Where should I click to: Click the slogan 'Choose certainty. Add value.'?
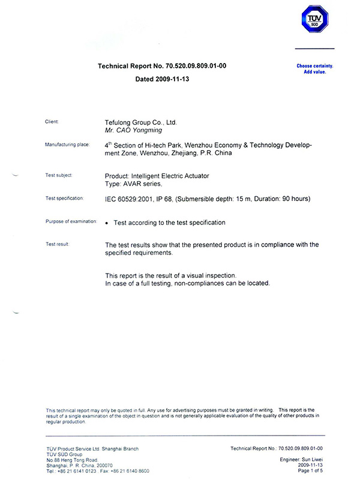pyautogui.click(x=314, y=68)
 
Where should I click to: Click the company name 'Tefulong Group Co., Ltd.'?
pyautogui.click(x=141, y=122)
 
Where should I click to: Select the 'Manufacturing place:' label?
pyautogui.click(x=67, y=145)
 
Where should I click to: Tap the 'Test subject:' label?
pyautogui.click(x=59, y=175)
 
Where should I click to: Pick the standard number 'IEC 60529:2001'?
pyautogui.click(x=129, y=199)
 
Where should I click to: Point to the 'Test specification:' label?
pyautogui.click(x=65, y=198)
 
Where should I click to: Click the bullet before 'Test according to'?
pyautogui.click(x=107, y=223)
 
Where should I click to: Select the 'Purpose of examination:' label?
pyautogui.click(x=71, y=221)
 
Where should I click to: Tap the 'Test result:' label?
pyautogui.click(x=58, y=244)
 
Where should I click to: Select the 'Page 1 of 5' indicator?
pyautogui.click(x=310, y=470)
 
